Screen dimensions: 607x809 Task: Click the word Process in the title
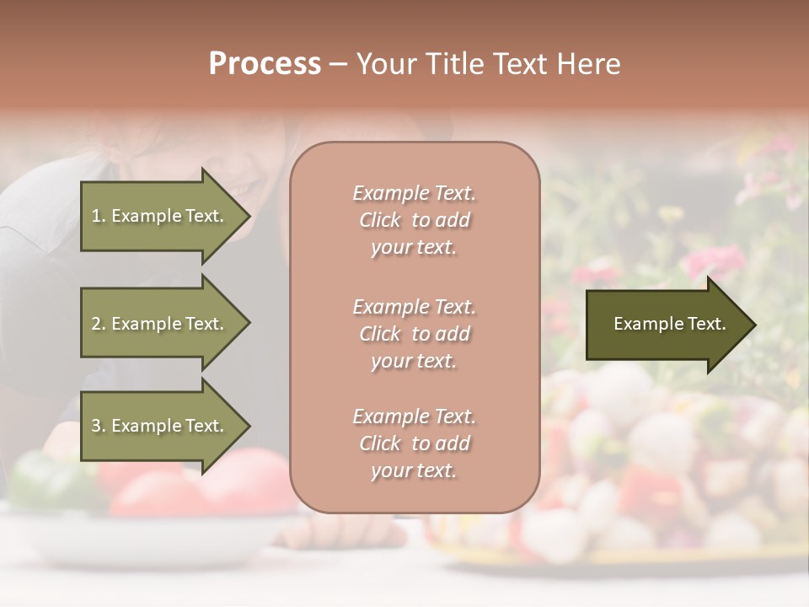coord(265,64)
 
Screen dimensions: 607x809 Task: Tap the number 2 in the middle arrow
coord(96,324)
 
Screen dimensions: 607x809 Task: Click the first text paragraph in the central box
coord(414,220)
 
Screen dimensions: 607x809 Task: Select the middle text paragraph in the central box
coord(414,334)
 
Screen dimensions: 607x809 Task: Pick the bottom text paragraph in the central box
coord(414,443)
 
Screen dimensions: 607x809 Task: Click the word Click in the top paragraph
coord(380,221)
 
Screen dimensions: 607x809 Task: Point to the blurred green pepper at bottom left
coord(42,481)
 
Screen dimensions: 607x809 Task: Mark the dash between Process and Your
coord(339,65)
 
